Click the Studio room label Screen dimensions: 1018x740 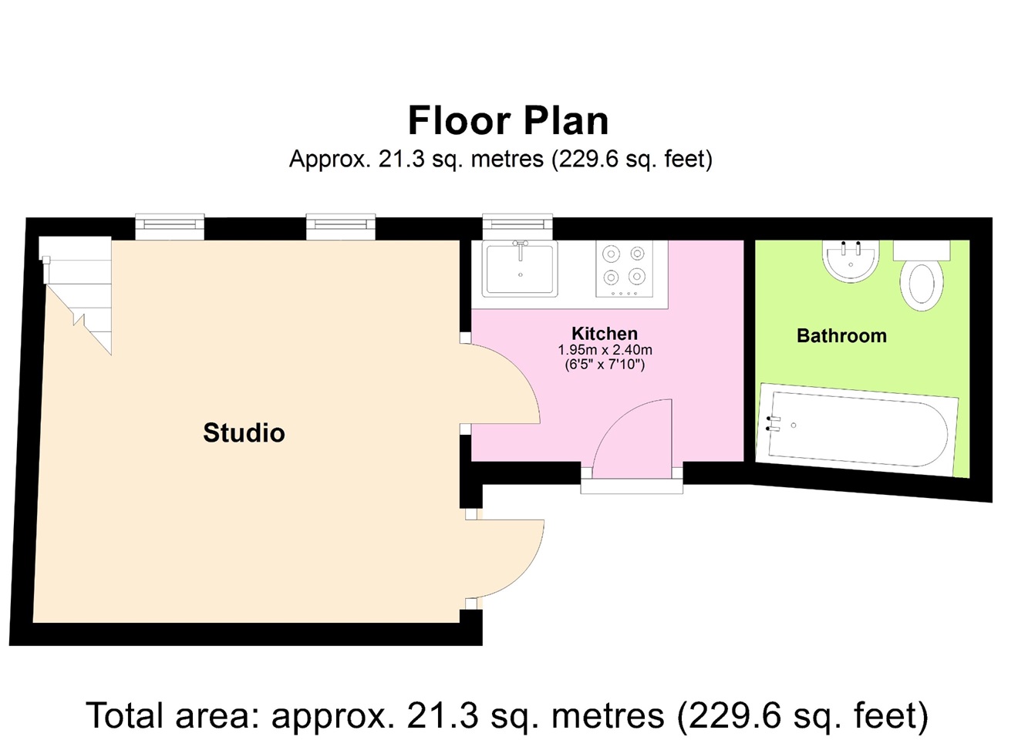pos(244,433)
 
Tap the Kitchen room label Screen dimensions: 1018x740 pos(605,334)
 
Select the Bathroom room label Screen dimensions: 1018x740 pos(841,336)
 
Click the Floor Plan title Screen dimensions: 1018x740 pos(508,121)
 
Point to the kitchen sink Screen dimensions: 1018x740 pos(520,268)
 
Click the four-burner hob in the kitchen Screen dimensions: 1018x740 pos(625,268)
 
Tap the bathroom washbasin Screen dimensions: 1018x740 pos(851,261)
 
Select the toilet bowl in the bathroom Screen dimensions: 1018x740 pos(922,285)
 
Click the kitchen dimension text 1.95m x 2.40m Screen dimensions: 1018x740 pos(605,350)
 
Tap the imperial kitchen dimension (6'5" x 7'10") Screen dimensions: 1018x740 pos(605,365)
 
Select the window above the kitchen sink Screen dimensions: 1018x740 pos(517,226)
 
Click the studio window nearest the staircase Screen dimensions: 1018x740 pos(170,226)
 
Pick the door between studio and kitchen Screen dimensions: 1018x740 pos(500,383)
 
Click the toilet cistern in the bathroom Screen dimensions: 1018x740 pos(922,251)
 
